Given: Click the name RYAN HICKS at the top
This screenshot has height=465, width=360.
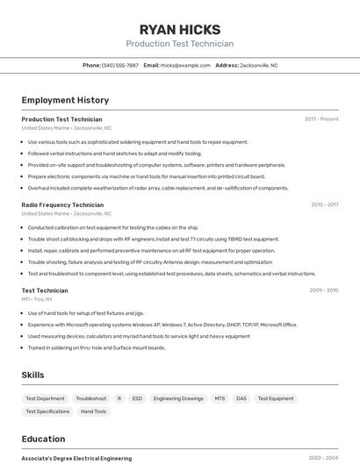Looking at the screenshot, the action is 179,29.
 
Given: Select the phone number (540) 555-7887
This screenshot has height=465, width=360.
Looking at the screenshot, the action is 120,65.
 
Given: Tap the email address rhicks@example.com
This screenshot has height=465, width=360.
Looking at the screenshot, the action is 186,65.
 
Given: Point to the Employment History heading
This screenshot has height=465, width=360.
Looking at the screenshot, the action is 65,100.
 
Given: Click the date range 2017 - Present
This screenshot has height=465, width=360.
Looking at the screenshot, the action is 321,119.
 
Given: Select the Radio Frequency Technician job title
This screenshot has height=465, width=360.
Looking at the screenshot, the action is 62,204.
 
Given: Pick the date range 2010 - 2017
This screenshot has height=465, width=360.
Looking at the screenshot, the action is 324,204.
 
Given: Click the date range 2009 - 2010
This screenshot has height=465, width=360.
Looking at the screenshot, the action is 324,290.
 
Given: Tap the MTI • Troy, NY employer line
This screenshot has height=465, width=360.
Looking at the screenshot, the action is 37,299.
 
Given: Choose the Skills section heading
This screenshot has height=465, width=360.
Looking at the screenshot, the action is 32,375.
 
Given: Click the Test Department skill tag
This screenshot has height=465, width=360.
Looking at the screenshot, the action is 45,398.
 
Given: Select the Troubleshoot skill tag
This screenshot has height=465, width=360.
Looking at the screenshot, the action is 90,398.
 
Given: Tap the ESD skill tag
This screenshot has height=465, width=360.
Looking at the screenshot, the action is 137,398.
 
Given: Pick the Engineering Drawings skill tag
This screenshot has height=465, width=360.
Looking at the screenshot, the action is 178,398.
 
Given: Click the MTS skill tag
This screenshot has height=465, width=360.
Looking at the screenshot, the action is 220,398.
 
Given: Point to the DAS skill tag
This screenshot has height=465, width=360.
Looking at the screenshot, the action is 241,398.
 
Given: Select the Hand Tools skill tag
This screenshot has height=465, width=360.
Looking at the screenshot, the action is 93,411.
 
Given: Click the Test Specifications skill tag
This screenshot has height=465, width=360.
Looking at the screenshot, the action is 47,411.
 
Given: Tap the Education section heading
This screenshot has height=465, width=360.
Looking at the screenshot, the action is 43,439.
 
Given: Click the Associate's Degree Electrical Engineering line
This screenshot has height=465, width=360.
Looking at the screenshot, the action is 76,458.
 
